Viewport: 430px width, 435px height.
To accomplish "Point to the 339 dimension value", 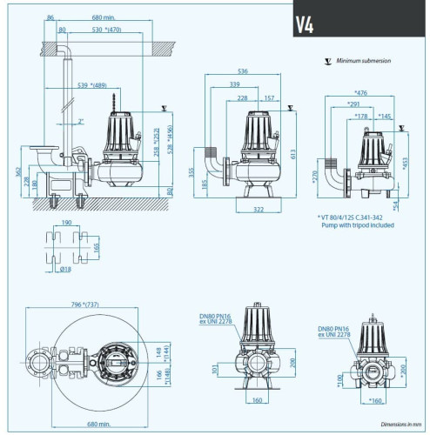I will coord(235,84).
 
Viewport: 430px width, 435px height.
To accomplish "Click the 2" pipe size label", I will coord(80,122).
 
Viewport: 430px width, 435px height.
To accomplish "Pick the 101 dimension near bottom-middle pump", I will coord(215,371).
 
